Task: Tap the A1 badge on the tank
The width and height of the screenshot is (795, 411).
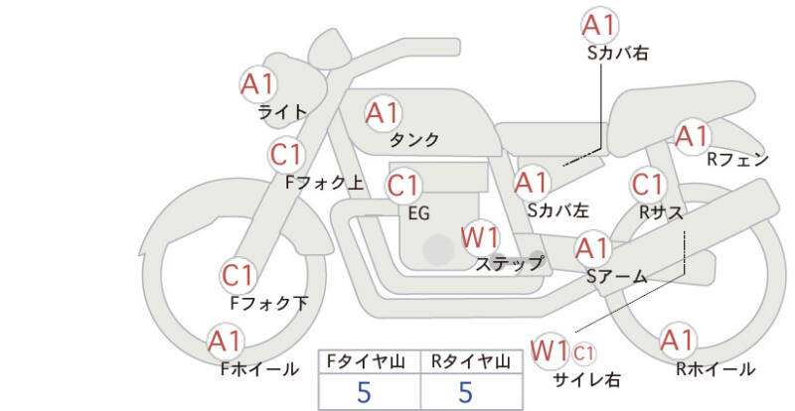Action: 383,113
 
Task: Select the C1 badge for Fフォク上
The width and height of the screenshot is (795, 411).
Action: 287,155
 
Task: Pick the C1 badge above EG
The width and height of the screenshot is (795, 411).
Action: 403,186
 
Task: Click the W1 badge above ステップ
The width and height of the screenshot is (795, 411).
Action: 481,237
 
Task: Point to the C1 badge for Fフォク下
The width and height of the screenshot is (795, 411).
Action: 238,275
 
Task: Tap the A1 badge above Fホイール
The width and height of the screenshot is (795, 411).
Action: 227,342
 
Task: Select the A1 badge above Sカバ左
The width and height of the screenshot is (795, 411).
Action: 532,183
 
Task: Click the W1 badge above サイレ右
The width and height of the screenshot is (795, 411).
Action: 550,350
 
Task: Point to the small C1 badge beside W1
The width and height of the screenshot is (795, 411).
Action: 584,351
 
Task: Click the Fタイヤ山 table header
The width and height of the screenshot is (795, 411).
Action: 368,361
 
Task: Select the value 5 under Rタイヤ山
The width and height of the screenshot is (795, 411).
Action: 465,392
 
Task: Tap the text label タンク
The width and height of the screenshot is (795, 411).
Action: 414,140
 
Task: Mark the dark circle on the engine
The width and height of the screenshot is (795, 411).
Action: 435,250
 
